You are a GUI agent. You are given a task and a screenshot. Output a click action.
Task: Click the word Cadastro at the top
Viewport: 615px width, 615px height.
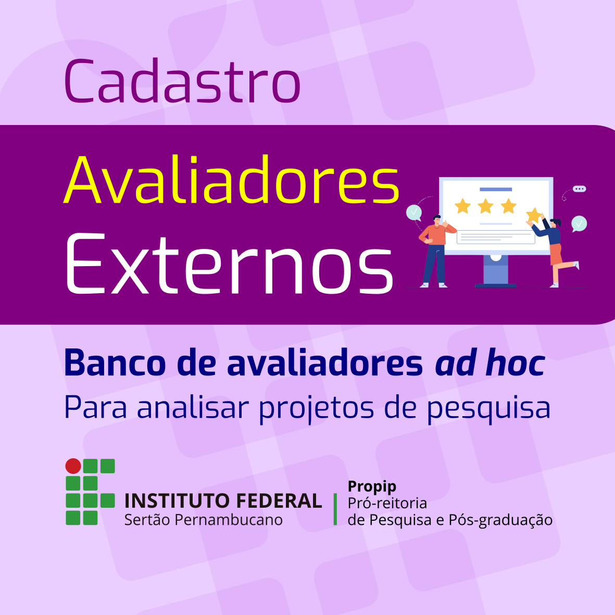click(182, 81)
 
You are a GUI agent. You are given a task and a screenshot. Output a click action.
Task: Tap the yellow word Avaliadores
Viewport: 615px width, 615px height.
click(231, 180)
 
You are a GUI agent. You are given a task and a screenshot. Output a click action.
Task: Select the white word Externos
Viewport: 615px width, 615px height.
click(230, 263)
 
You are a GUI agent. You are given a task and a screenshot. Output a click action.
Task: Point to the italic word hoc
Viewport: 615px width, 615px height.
click(516, 363)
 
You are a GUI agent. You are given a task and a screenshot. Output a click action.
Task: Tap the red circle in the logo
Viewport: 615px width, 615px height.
click(73, 466)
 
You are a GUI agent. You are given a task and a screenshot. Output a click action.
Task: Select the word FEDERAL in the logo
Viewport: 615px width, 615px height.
click(279, 501)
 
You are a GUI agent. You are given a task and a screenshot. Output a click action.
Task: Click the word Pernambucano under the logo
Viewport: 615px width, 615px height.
click(228, 520)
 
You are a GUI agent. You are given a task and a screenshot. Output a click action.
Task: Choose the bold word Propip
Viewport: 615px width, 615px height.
click(372, 487)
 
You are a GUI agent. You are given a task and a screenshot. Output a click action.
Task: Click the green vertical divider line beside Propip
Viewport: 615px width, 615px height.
click(335, 509)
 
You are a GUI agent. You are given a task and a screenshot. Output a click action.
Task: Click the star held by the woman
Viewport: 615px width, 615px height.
click(533, 216)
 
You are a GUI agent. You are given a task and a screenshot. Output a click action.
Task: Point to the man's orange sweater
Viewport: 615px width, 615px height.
click(436, 234)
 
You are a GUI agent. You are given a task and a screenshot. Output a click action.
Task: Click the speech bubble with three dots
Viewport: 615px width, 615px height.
click(579, 189)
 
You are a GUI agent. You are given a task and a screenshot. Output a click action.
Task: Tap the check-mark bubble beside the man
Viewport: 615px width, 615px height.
click(414, 213)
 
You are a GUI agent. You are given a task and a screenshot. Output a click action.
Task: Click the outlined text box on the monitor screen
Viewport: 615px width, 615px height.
click(496, 236)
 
